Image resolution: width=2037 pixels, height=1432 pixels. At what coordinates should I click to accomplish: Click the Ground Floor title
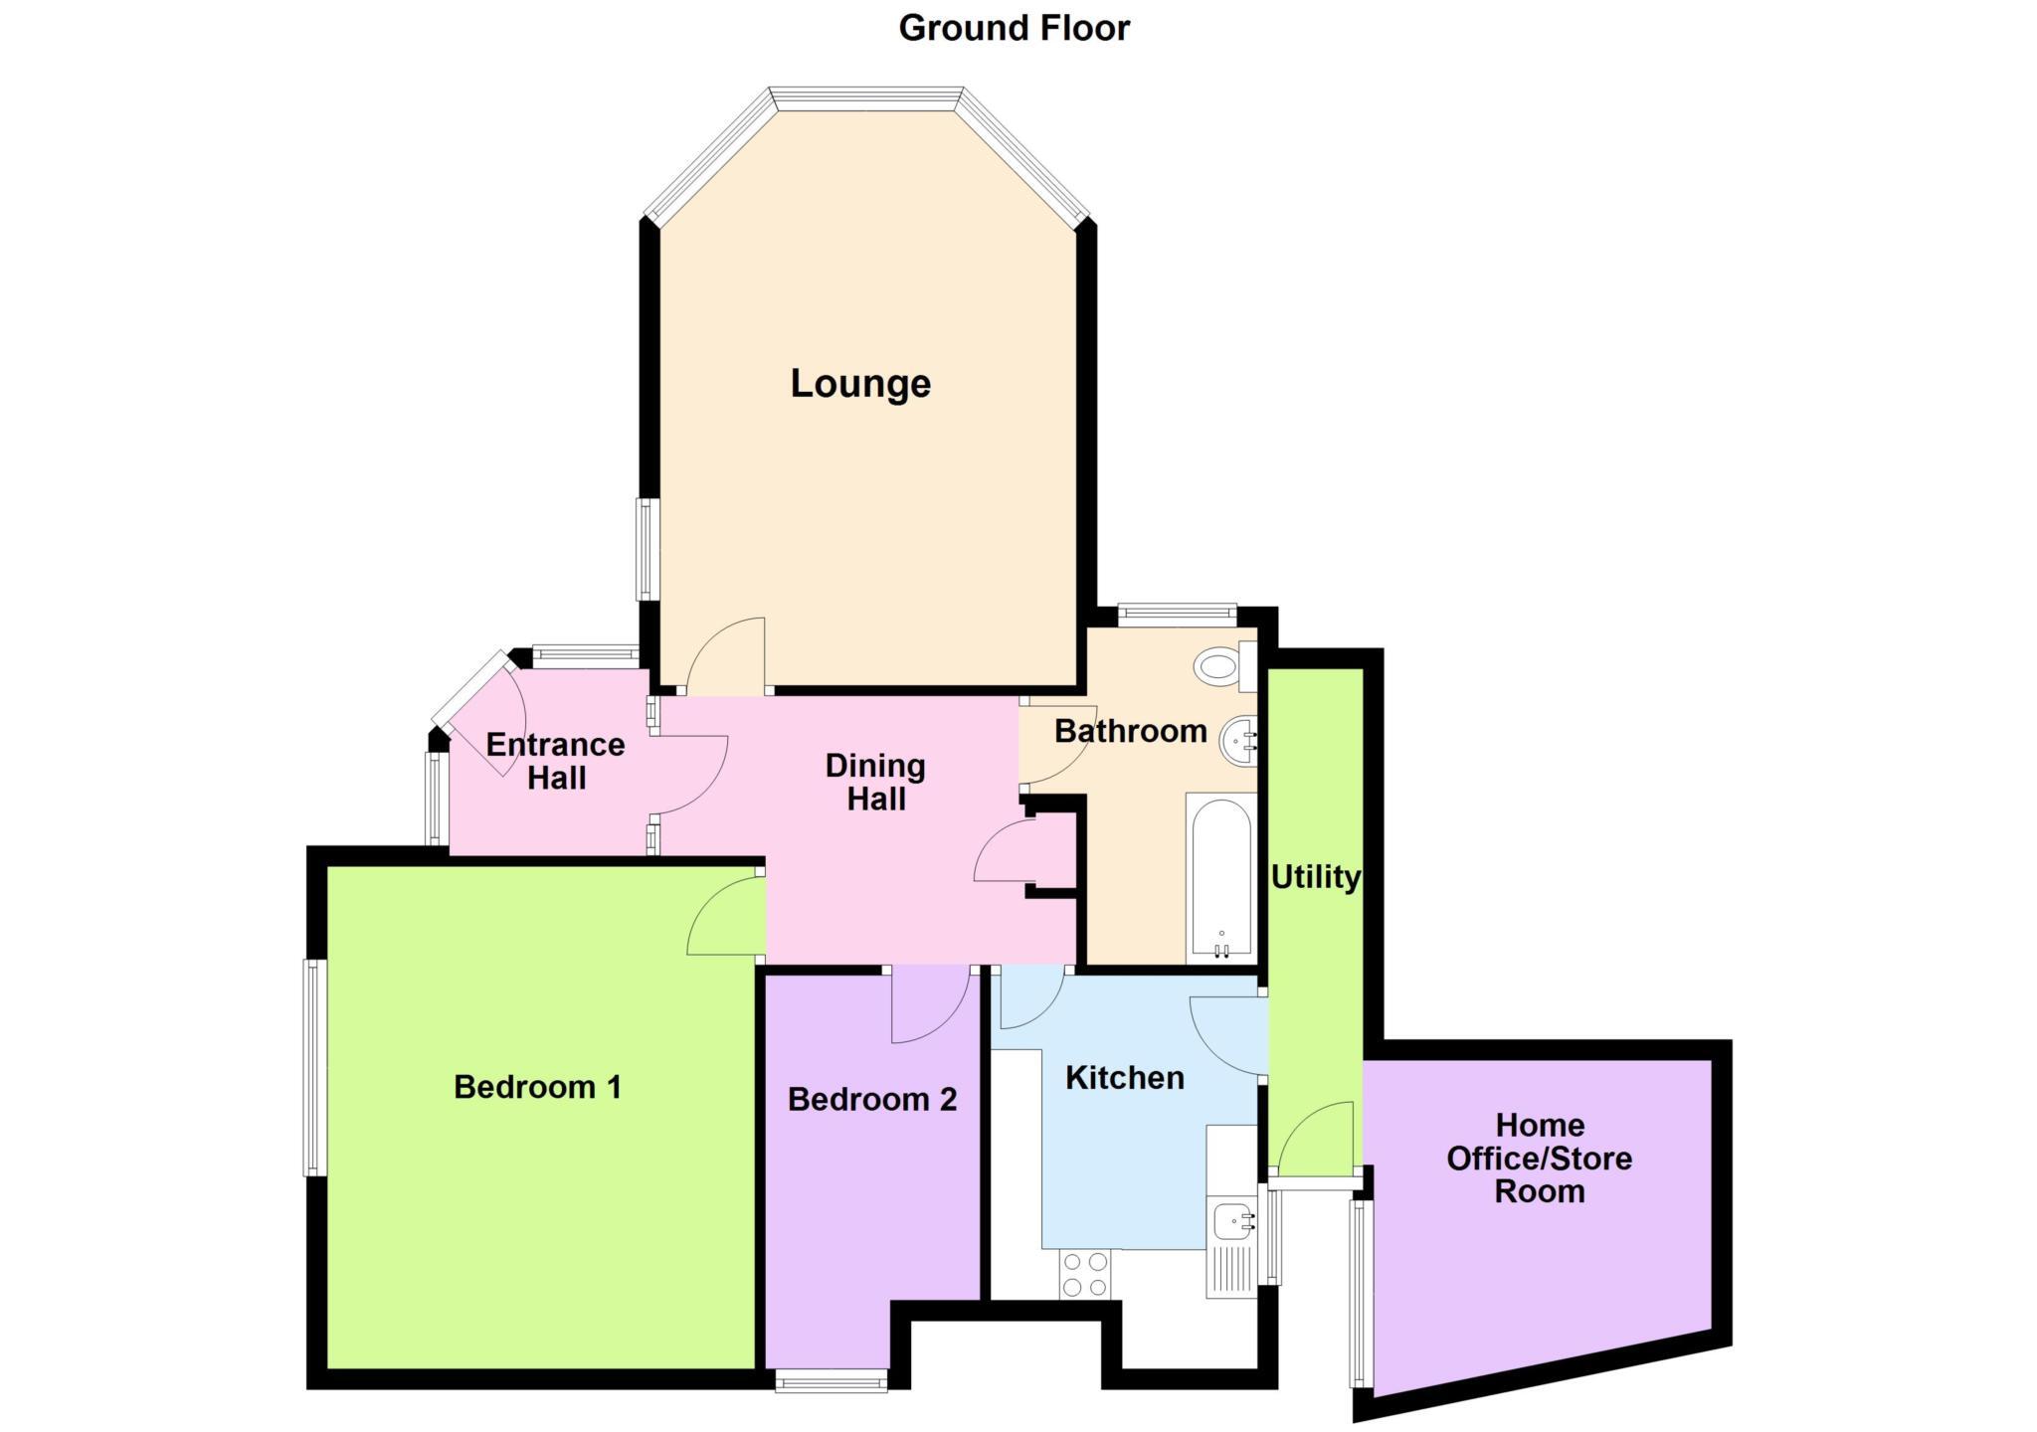coord(1014,28)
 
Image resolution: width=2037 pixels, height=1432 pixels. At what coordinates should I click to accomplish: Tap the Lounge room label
coord(860,384)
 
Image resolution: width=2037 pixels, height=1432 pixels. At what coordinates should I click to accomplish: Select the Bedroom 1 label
coord(537,1087)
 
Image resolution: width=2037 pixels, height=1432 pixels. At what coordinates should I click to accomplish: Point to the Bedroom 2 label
coord(872,1099)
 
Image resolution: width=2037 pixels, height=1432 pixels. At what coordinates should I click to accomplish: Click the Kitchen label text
coord(1124,1078)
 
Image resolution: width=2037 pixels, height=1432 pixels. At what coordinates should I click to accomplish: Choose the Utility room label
coord(1315,877)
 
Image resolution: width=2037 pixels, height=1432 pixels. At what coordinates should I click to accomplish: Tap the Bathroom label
coord(1130,731)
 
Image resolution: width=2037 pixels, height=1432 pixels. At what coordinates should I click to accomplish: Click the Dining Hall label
coord(875,782)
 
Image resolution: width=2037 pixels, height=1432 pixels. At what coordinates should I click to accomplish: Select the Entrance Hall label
coord(555,761)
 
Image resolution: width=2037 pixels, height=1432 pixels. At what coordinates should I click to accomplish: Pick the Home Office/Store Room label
coord(1539,1159)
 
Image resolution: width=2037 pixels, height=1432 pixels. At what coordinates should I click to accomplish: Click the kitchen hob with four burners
coord(1084,1274)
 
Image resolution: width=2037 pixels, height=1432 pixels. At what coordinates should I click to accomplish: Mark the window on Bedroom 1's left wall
coord(314,1067)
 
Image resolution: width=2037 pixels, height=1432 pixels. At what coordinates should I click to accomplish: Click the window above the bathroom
coord(1177,614)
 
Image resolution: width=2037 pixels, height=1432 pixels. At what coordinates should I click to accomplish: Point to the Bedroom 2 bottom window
coord(831,1380)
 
